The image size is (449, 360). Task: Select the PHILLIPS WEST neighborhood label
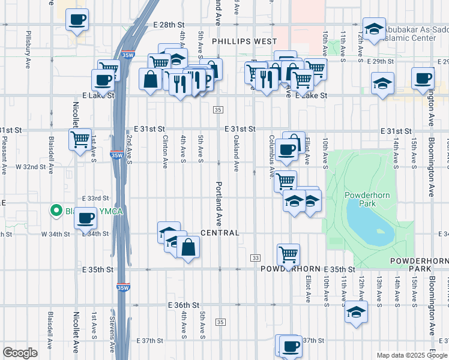244,41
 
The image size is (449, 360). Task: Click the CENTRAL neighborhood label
220,233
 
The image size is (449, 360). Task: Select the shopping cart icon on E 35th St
289,255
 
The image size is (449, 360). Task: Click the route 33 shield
256,257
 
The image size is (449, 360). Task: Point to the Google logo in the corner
20,353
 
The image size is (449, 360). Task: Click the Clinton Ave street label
164,151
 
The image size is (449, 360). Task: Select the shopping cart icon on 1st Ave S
80,140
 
